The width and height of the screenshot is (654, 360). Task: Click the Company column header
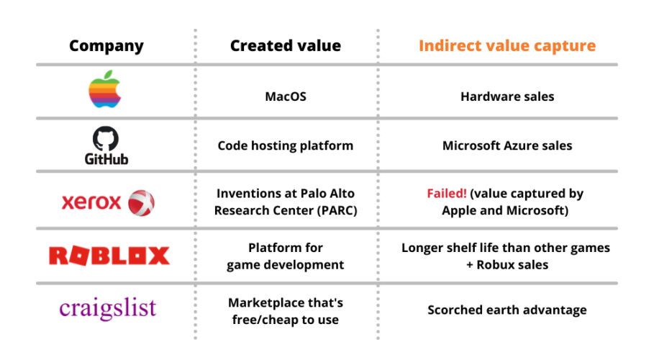coord(106,46)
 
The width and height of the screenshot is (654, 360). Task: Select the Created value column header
coord(286,46)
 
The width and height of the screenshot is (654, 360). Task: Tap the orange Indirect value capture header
coord(507,46)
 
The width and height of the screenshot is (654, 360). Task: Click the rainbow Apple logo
coord(104,91)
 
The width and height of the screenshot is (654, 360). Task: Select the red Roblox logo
coord(109,256)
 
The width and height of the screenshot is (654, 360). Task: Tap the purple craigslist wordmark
coord(107,308)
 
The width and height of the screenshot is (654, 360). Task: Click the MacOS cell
coord(286,96)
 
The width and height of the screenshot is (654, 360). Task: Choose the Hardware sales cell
coord(507,96)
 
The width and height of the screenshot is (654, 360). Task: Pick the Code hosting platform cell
coord(286,145)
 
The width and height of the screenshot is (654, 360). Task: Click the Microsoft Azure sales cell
coord(507,145)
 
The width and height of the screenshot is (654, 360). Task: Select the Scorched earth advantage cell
coord(507,310)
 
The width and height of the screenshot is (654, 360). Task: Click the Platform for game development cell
coord(286,256)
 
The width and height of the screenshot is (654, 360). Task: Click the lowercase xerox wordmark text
coord(91,202)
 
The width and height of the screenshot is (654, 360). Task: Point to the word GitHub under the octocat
coord(106,158)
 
